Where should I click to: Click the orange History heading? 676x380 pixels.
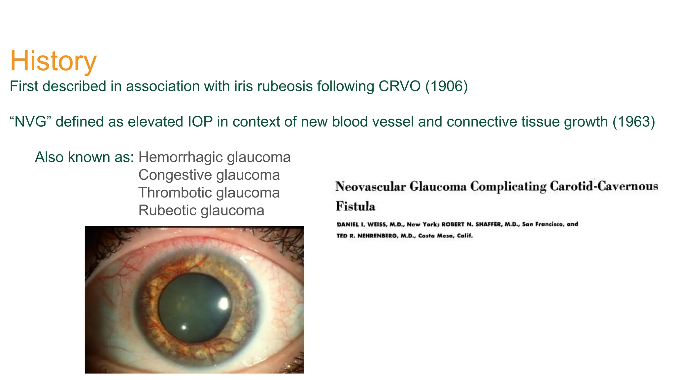pyautogui.click(x=53, y=61)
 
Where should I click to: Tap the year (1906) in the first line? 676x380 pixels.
pyautogui.click(x=446, y=86)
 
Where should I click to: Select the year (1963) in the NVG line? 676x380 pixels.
pyautogui.click(x=633, y=122)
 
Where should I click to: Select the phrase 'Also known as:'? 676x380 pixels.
pyautogui.click(x=84, y=157)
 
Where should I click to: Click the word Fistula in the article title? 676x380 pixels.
pyautogui.click(x=355, y=206)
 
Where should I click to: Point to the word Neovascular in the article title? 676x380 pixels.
pyautogui.click(x=370, y=187)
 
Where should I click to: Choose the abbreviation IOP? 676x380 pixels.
pyautogui.click(x=200, y=122)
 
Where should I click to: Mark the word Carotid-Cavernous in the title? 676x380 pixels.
pyautogui.click(x=604, y=187)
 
